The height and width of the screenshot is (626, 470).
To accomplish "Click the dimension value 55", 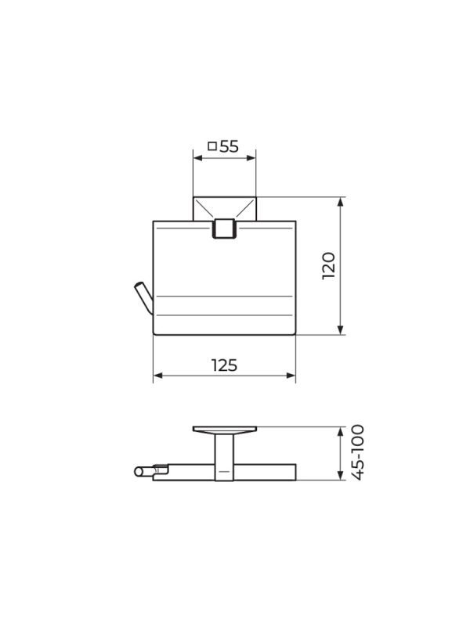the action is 229,146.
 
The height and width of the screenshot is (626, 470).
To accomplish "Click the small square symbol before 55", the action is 212,146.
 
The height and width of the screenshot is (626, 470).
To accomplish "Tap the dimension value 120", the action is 329,265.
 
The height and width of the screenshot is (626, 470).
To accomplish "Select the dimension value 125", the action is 224,365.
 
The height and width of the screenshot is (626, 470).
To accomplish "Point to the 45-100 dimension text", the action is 358,452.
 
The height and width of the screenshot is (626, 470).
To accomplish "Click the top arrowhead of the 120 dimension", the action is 341,202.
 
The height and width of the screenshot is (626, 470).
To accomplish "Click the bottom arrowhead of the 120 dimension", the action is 341,329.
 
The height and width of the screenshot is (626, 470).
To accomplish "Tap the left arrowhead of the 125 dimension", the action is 158,376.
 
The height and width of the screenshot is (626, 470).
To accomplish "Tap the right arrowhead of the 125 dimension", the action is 291,376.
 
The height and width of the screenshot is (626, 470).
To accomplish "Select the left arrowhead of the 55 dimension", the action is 198,158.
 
